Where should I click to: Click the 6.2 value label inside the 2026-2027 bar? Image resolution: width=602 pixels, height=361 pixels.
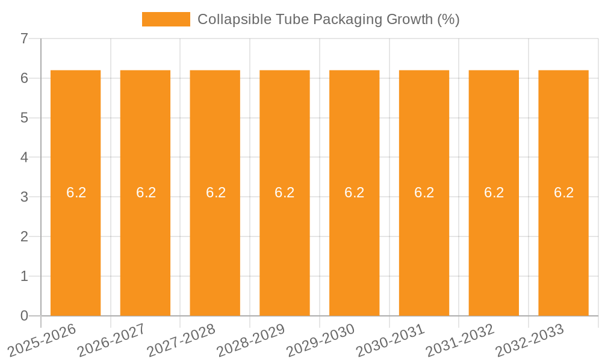pyautogui.click(x=146, y=193)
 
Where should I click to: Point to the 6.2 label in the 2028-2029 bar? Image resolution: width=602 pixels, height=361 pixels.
pyautogui.click(x=285, y=193)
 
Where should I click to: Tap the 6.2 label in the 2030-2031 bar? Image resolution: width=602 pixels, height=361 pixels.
pyautogui.click(x=424, y=193)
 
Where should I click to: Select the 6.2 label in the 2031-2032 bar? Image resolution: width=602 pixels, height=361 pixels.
pyautogui.click(x=494, y=193)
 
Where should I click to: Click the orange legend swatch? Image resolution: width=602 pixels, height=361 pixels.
pyautogui.click(x=166, y=19)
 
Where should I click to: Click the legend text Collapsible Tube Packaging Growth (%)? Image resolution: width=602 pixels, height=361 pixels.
pyautogui.click(x=329, y=19)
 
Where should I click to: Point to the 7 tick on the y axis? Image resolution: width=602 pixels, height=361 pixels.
pyautogui.click(x=24, y=39)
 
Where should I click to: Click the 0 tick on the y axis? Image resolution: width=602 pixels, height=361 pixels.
pyautogui.click(x=24, y=316)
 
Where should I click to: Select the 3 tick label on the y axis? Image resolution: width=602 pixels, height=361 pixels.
pyautogui.click(x=24, y=197)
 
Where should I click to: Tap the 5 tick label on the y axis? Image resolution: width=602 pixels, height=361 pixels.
pyautogui.click(x=24, y=118)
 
